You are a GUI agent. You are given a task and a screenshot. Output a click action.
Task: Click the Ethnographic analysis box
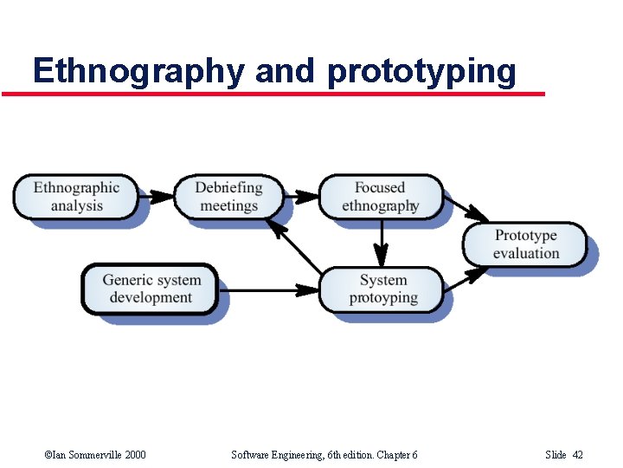tap(76, 197)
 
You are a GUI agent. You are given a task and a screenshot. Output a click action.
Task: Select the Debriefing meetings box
tap(228, 197)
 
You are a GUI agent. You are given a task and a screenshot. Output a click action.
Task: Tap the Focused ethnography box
tap(380, 197)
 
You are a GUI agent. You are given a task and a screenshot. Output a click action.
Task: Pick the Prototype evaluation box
tap(526, 244)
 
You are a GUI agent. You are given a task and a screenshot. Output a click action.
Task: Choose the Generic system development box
tap(151, 289)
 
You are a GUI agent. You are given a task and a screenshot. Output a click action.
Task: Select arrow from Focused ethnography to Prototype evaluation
tap(466, 209)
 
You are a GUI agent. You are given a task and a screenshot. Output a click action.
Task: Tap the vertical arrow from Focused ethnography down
tap(382, 243)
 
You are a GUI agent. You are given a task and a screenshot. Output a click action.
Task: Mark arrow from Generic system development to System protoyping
tap(268, 289)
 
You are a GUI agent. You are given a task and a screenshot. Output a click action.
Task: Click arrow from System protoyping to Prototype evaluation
tap(466, 277)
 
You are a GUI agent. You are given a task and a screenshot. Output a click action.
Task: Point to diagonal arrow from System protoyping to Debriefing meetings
tap(294, 246)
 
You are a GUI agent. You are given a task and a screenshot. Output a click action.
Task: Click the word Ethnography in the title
tap(138, 71)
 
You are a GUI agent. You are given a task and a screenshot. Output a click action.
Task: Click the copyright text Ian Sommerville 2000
tap(94, 454)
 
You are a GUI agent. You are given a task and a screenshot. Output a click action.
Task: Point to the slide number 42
tap(577, 454)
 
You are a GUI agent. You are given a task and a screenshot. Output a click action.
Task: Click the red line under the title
tap(273, 94)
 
